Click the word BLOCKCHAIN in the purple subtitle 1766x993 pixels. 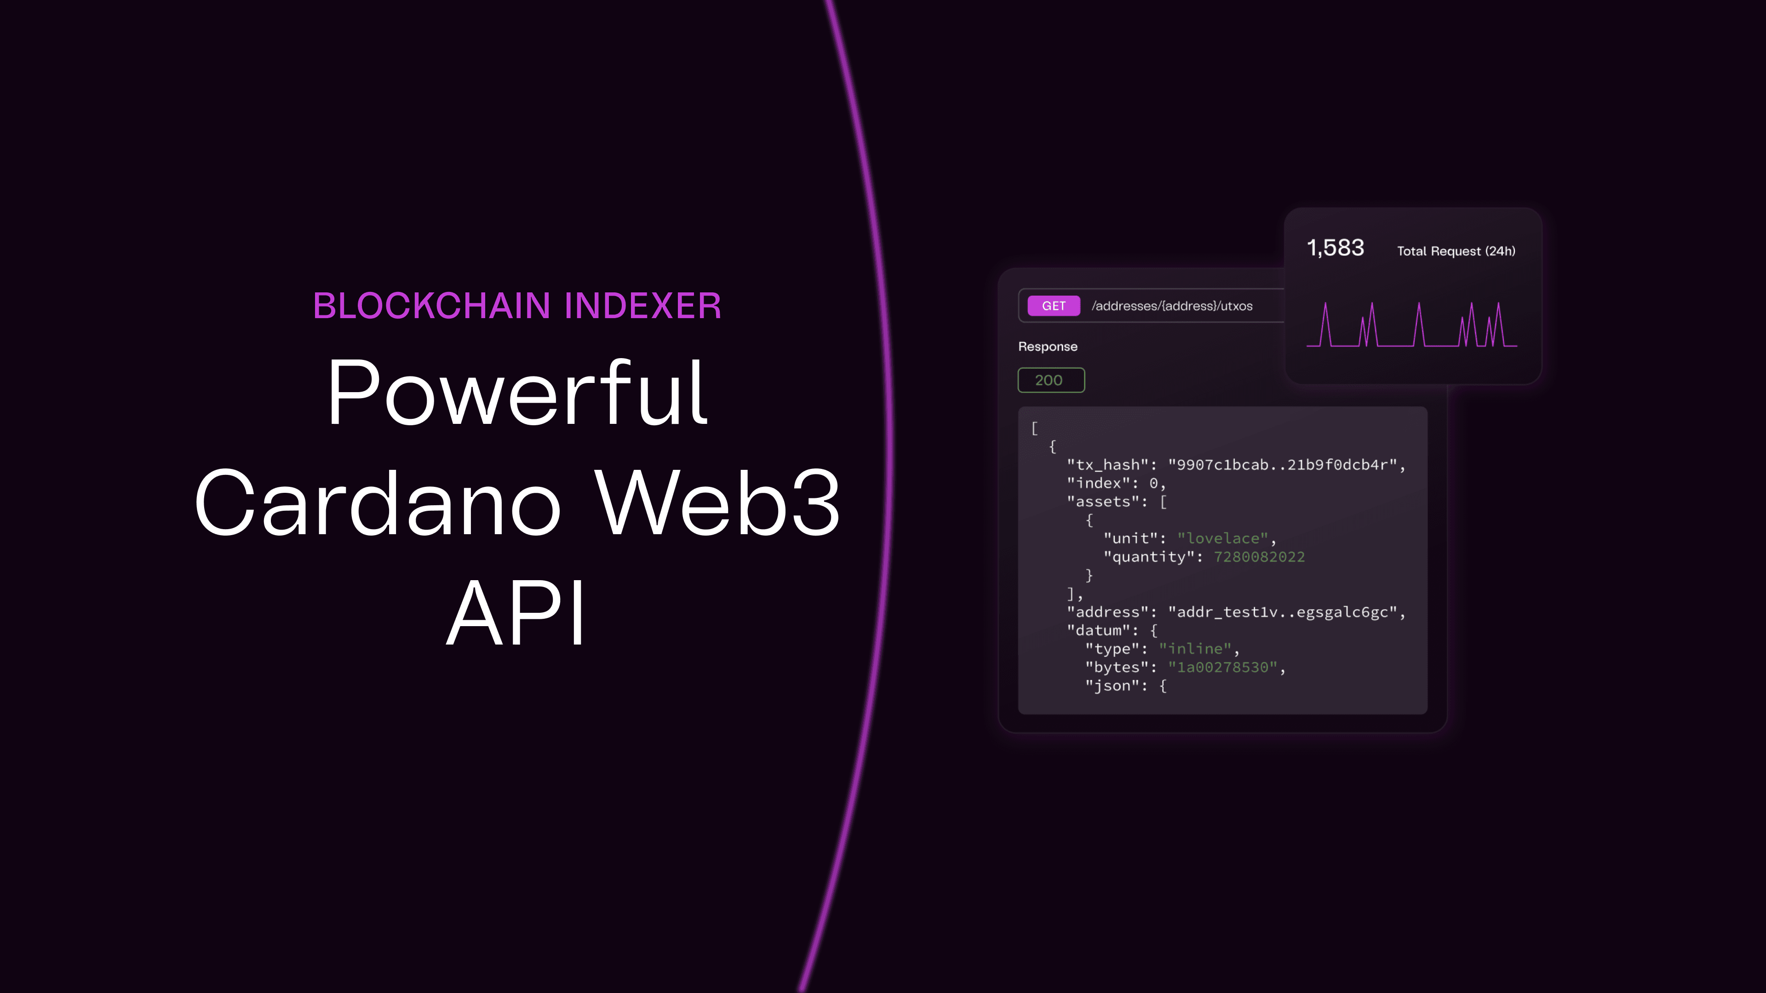tap(432, 306)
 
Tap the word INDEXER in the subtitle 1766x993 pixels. tap(643, 306)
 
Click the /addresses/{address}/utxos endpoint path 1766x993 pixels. tap(1172, 306)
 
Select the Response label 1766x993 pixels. tap(1048, 347)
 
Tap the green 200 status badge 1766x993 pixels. tap(1051, 380)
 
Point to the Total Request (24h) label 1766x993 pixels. tap(1456, 251)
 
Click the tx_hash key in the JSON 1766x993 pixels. tap(1107, 465)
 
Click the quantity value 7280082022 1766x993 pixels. tap(1259, 557)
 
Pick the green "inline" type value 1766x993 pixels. tap(1195, 649)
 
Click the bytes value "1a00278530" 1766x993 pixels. tap(1222, 668)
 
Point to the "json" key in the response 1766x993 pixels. tap(1111, 686)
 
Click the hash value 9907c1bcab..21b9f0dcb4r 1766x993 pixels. tap(1282, 465)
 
